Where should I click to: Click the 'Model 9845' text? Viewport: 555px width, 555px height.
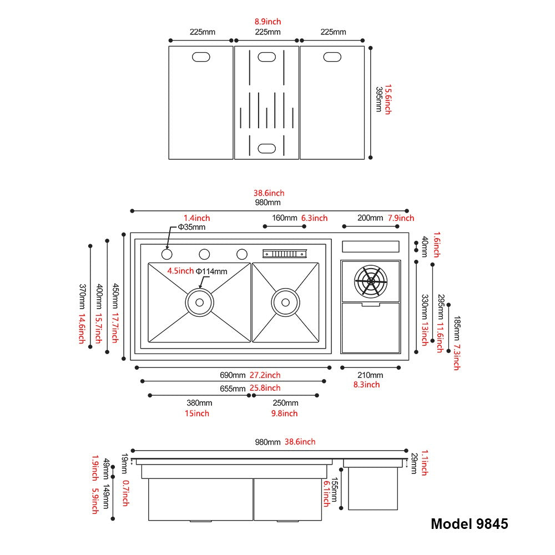[x=469, y=523]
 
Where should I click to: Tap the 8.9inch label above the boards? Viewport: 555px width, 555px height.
[x=268, y=22]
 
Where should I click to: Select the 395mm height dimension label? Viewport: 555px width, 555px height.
[x=379, y=100]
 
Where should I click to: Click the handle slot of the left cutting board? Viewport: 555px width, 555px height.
[x=201, y=57]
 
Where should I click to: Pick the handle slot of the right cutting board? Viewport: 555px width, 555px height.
[x=332, y=57]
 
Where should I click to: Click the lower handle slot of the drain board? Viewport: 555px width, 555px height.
[x=266, y=148]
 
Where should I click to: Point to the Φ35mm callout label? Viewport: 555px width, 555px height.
[x=191, y=227]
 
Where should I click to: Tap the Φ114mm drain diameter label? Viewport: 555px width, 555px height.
[x=211, y=271]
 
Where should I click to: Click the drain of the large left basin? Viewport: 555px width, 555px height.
[x=199, y=302]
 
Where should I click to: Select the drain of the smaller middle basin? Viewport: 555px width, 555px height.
[x=285, y=302]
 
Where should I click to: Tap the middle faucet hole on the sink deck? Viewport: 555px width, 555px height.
[x=204, y=254]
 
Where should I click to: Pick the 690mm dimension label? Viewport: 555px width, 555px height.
[x=233, y=375]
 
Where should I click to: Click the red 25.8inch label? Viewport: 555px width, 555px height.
[x=265, y=388]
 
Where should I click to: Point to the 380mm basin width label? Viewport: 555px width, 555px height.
[x=199, y=403]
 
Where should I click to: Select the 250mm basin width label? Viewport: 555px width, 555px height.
[x=285, y=403]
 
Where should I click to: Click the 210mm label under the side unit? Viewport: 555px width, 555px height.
[x=370, y=375]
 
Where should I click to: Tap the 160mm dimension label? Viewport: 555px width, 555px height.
[x=284, y=218]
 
